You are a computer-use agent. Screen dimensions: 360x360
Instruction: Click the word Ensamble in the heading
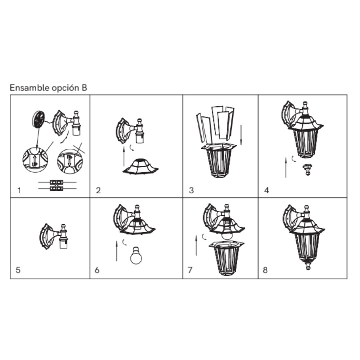point(30,88)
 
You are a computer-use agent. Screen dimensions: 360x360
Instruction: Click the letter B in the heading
point(84,88)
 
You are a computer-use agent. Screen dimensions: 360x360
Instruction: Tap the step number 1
point(19,191)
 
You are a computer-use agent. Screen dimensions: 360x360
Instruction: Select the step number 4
point(267,191)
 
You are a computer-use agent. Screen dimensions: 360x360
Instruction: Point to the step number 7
point(190,270)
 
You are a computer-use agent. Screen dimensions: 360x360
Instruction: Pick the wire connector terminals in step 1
point(56,185)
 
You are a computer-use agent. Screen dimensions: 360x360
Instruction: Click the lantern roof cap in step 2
point(140,166)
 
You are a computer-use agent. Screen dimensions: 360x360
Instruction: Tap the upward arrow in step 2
point(124,156)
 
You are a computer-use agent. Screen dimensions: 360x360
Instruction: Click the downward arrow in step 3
point(241,135)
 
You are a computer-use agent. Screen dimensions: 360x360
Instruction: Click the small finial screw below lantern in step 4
point(307,169)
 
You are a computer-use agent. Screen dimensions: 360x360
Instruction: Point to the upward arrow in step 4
point(286,168)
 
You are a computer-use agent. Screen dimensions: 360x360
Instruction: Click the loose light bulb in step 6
point(136,255)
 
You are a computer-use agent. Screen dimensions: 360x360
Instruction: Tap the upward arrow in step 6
point(117,251)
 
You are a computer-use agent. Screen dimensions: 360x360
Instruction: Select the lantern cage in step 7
point(226,258)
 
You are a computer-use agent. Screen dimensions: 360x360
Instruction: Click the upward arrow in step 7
point(196,245)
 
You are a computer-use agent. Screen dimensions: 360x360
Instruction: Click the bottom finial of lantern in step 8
point(308,265)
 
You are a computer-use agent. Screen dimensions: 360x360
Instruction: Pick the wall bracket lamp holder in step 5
point(54,237)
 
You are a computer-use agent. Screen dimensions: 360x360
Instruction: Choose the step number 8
point(265,270)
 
